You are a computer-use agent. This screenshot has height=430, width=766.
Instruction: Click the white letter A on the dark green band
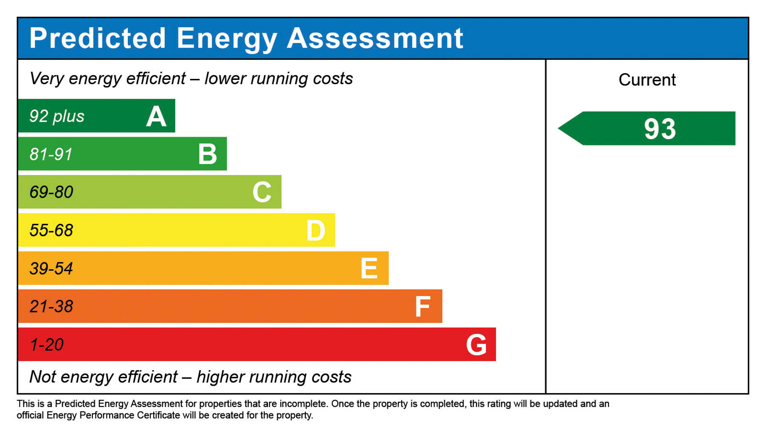[156, 116]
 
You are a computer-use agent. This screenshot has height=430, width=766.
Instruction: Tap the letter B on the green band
[208, 154]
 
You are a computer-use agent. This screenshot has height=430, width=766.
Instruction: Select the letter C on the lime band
[262, 192]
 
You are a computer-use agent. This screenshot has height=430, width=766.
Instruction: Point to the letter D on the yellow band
[316, 231]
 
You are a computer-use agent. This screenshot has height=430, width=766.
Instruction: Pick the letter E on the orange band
[369, 269]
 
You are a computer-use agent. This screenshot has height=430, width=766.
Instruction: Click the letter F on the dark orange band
[423, 307]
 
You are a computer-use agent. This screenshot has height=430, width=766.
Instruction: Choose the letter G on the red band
[476, 345]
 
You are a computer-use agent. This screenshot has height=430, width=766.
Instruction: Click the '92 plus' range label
[57, 116]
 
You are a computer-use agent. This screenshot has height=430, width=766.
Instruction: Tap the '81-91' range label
[51, 154]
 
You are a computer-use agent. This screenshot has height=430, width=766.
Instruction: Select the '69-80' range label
[51, 192]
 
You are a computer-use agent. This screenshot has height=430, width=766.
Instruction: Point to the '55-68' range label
[51, 230]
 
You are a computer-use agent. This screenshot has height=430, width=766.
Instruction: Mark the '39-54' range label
[51, 269]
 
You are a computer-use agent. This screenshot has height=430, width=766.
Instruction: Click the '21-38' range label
[51, 307]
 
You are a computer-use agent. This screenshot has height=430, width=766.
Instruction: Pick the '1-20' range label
[46, 345]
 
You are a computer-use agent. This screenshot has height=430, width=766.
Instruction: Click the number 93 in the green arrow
[660, 129]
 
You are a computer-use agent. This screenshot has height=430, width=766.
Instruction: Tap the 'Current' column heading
[647, 80]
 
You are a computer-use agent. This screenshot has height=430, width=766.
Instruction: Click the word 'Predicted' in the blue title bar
[97, 38]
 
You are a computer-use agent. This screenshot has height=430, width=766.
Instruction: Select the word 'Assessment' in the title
[375, 38]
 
